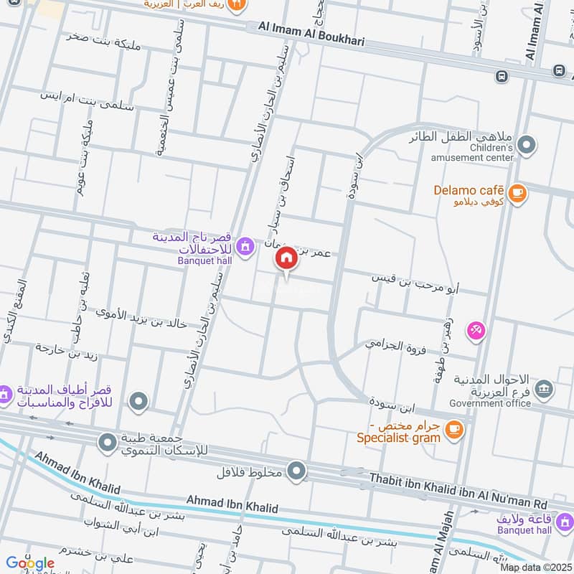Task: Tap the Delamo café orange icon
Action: click(517, 192)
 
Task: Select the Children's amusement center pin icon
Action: click(527, 146)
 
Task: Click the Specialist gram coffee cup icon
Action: click(453, 429)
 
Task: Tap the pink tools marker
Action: click(476, 330)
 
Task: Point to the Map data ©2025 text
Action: click(534, 567)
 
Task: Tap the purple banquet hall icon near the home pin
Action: click(246, 246)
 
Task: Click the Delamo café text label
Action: click(466, 192)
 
